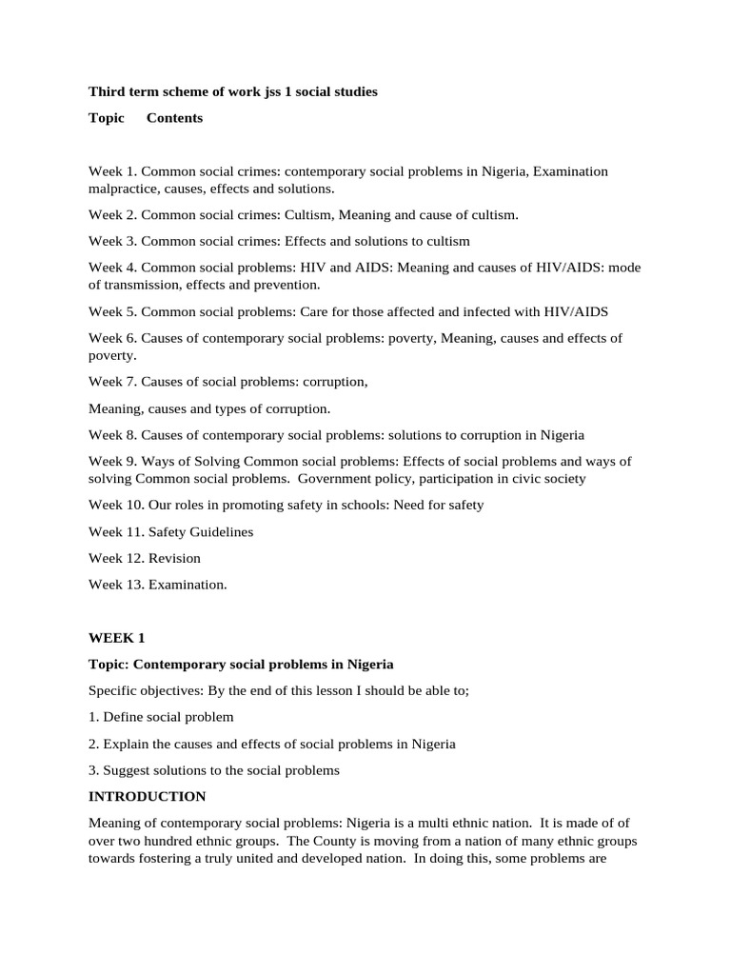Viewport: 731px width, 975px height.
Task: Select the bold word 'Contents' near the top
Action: coord(174,118)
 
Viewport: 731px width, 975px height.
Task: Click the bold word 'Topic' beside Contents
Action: coord(107,118)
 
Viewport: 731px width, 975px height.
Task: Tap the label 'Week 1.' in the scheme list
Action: coord(112,171)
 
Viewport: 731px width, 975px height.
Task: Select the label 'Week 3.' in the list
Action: coord(112,241)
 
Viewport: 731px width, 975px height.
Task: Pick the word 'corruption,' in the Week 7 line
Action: coord(335,382)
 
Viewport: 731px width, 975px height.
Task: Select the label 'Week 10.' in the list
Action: coord(116,505)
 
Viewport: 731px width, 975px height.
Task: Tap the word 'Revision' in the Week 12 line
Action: coord(174,558)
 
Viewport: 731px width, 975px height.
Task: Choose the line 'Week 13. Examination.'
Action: coord(158,585)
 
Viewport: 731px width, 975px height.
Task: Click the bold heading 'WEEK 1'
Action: coord(116,637)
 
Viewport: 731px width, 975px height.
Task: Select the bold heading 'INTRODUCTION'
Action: coord(147,796)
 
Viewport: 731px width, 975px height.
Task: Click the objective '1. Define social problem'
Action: coord(161,717)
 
